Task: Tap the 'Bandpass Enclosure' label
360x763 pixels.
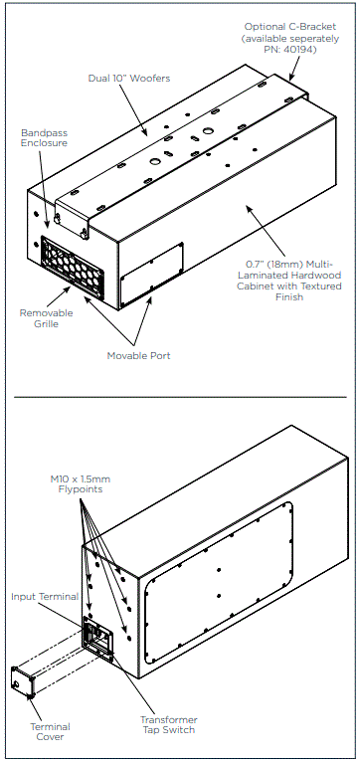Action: pos(44,138)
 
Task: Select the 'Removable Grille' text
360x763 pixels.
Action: pos(46,319)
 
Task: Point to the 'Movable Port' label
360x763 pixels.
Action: pos(135,355)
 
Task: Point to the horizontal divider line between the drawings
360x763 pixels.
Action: pos(180,396)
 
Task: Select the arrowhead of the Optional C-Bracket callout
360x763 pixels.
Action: pos(291,76)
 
